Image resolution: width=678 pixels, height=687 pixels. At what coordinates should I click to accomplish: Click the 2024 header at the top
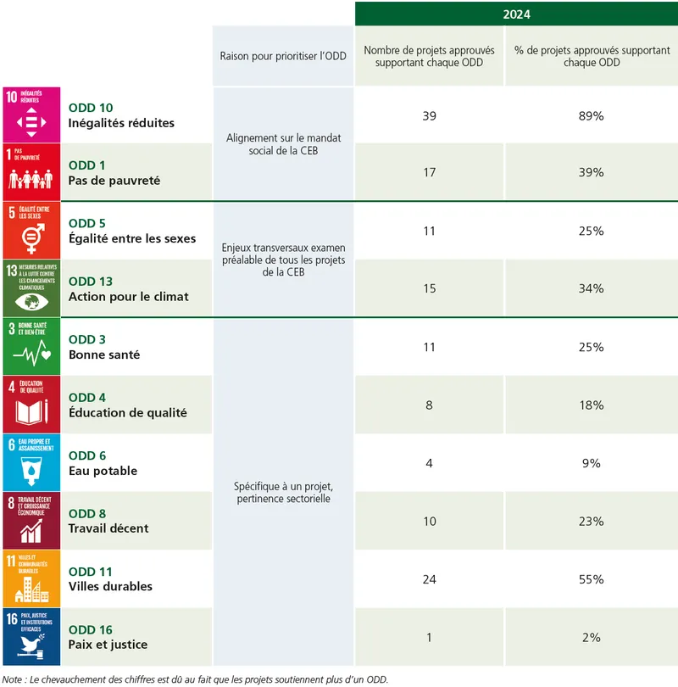(516, 14)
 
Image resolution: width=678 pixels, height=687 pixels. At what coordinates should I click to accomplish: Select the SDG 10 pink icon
(31, 115)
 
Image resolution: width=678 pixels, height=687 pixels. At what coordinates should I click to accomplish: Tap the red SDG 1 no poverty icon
(31, 173)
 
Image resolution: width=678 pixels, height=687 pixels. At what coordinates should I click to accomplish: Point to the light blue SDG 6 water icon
(31, 463)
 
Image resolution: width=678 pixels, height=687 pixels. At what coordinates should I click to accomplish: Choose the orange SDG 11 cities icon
(31, 578)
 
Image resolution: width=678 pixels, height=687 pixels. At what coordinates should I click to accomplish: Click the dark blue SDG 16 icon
(31, 637)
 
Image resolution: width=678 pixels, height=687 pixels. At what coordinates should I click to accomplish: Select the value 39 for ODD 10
(429, 115)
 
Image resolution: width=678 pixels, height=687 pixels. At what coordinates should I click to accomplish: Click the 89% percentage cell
(591, 115)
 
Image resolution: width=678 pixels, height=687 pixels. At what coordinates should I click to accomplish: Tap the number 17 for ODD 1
(429, 172)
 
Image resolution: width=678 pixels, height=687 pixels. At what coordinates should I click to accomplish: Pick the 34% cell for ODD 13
(591, 288)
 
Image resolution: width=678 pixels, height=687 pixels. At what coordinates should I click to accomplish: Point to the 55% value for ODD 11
(591, 579)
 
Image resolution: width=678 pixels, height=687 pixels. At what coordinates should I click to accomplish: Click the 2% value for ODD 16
(591, 637)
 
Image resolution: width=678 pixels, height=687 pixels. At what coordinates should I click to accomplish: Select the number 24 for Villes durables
(429, 579)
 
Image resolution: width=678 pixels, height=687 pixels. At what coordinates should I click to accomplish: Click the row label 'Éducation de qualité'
(127, 413)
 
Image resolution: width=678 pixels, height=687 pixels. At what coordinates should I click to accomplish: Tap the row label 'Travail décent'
(108, 528)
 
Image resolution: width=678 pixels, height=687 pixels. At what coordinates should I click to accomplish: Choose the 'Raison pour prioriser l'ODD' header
(283, 56)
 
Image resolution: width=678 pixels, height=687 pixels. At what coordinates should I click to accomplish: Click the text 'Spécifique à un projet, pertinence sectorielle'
(283, 493)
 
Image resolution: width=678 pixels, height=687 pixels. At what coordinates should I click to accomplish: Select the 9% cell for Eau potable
(591, 463)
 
